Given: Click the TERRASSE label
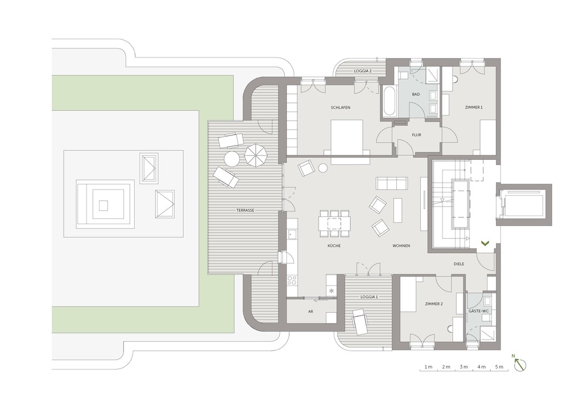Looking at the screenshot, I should click(246, 210).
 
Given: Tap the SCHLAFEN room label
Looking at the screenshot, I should click(339, 108).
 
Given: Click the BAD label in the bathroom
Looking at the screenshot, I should click(416, 94).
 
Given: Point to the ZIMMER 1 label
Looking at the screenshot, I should click(473, 108).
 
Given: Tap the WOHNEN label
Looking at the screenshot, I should click(401, 246).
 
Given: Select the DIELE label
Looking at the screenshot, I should click(460, 264).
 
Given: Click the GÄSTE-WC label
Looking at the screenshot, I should click(479, 312).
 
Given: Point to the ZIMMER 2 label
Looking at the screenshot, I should click(433, 304).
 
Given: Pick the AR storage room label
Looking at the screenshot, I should click(310, 312).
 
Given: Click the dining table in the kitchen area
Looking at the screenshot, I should click(334, 222).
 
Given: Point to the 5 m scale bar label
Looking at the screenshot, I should click(499, 367).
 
